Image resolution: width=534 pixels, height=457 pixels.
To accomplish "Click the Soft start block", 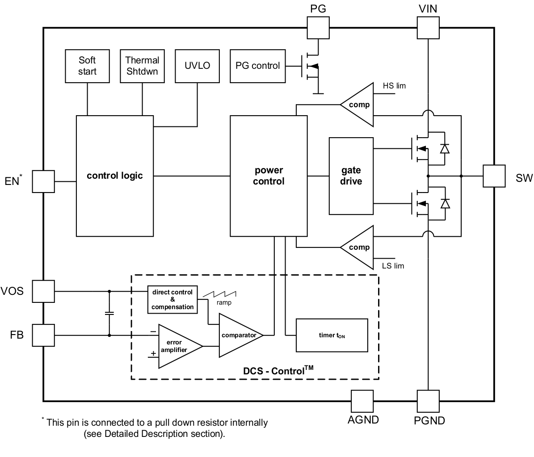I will click(x=87, y=66).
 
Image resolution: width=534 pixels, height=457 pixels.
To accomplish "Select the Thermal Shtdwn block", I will click(x=142, y=66).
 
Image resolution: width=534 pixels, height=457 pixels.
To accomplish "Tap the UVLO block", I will click(x=197, y=66).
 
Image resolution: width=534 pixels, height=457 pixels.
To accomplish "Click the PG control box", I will click(x=257, y=66).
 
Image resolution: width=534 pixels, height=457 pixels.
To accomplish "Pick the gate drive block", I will click(x=351, y=176).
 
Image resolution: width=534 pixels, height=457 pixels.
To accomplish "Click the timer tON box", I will click(x=332, y=335).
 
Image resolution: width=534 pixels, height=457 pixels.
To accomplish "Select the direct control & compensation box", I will click(x=172, y=300).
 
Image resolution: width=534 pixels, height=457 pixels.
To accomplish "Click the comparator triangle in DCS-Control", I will click(x=238, y=335).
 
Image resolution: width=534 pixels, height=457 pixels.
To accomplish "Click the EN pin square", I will click(x=43, y=181).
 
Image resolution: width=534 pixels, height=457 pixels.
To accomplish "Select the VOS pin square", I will click(x=43, y=291).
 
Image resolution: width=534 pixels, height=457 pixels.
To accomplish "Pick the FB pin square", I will click(x=43, y=335).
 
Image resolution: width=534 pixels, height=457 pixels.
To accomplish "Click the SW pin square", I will click(x=494, y=176).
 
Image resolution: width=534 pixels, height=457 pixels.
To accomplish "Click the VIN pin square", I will click(x=428, y=28).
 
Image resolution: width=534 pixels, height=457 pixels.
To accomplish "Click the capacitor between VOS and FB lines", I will click(x=109, y=313).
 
